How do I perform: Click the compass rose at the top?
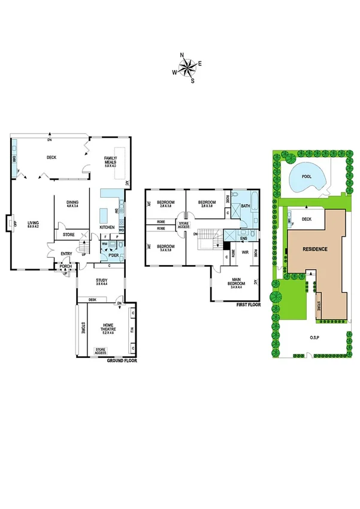187,65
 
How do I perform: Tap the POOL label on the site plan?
307,177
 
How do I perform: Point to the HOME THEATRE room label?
108,327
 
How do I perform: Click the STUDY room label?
101,281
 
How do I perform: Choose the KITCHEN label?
107,227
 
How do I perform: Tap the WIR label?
245,252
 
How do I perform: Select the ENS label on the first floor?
244,239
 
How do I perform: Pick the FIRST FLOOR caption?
246,305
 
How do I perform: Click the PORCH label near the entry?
65,266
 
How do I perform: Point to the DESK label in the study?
92,300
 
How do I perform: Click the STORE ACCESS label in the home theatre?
104,350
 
